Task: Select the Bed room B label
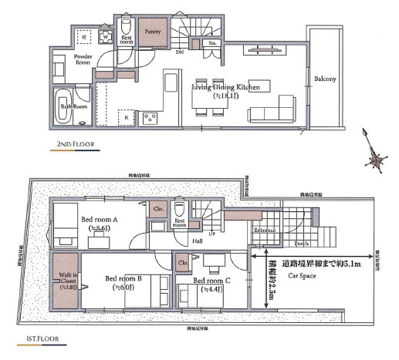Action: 123,278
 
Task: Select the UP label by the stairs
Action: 211,233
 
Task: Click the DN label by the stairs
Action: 179,52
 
